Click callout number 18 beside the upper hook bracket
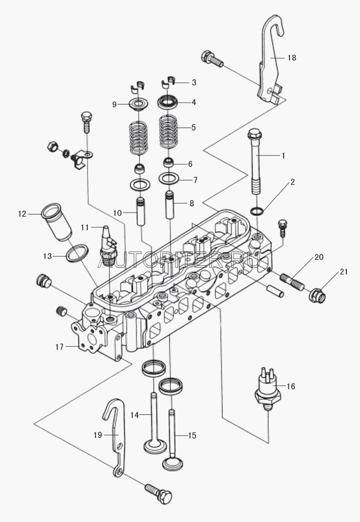[292, 58]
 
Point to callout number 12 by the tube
[21, 213]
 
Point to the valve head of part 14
[154, 448]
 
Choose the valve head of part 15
[171, 463]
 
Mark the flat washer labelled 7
[168, 179]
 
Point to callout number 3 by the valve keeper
[194, 82]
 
